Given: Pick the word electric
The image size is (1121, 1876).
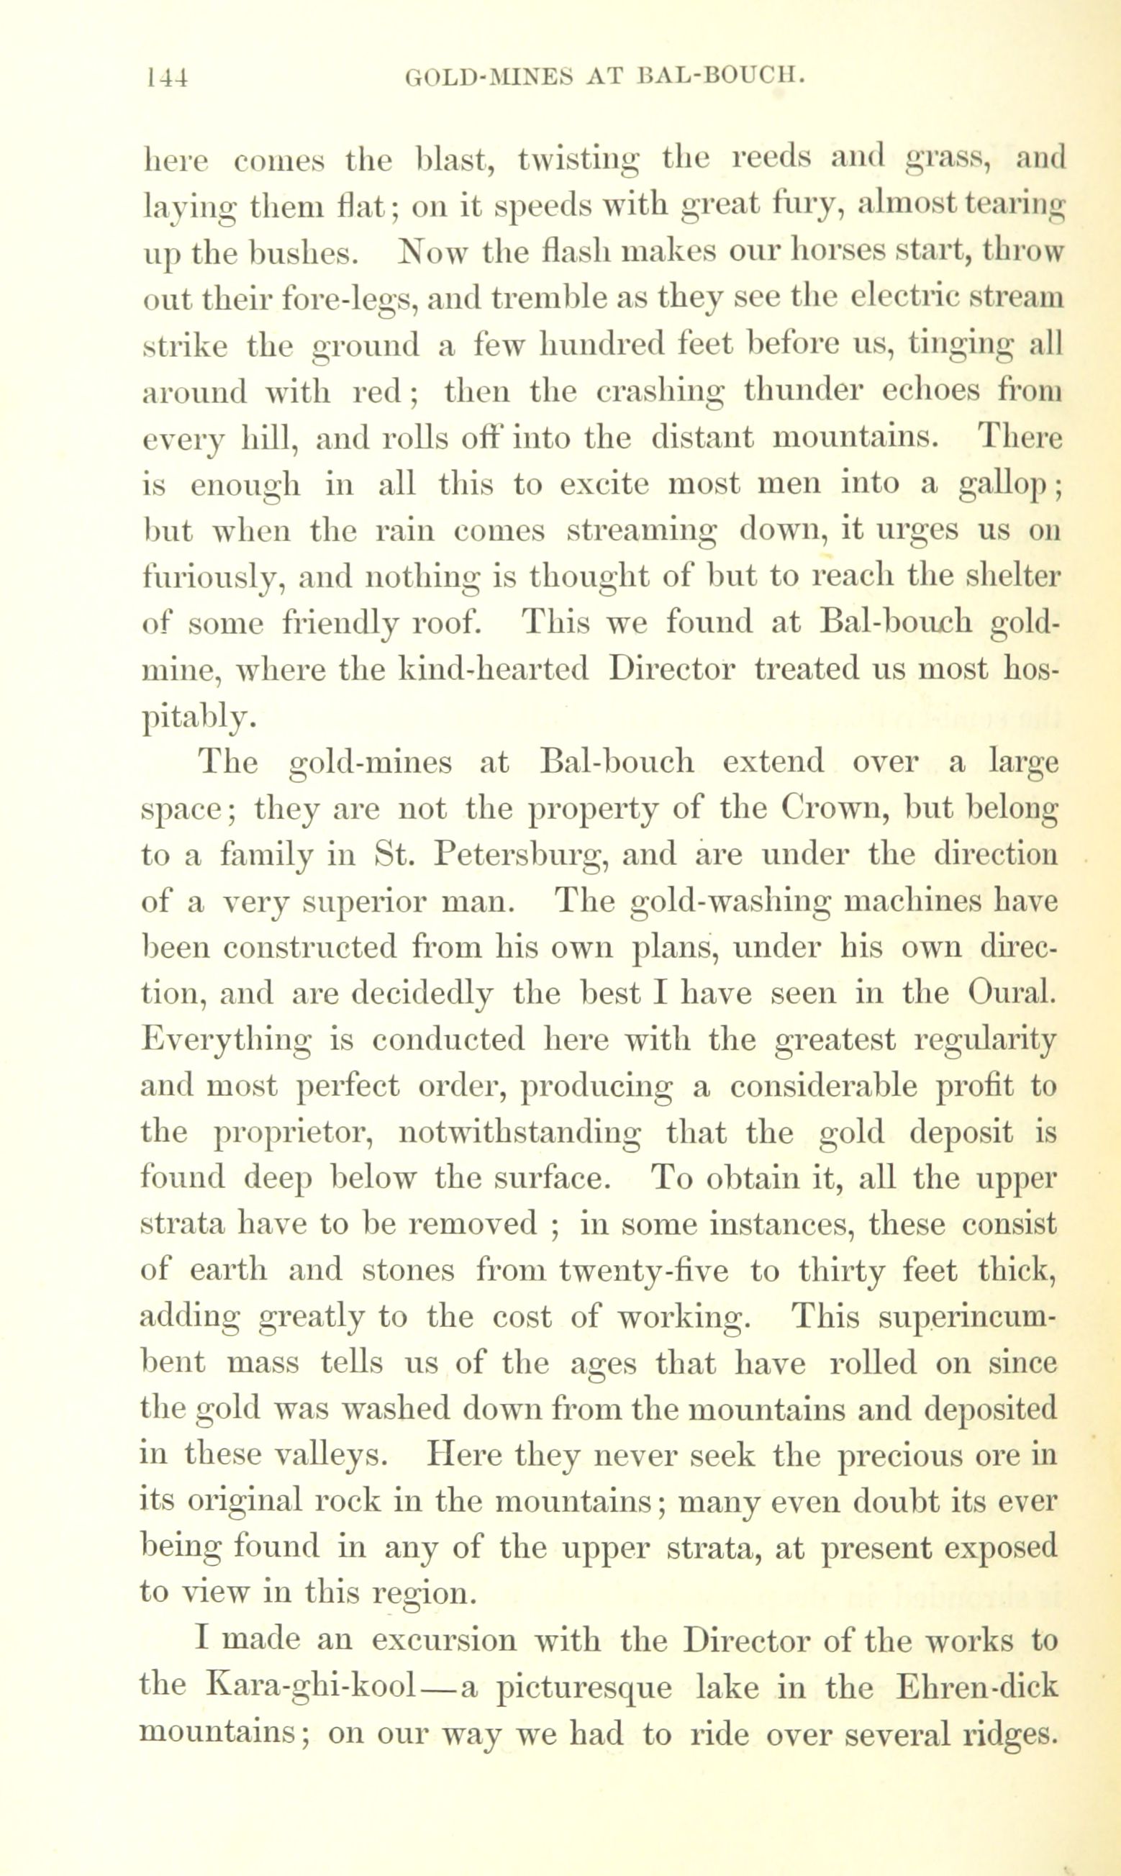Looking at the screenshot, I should (x=900, y=299).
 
